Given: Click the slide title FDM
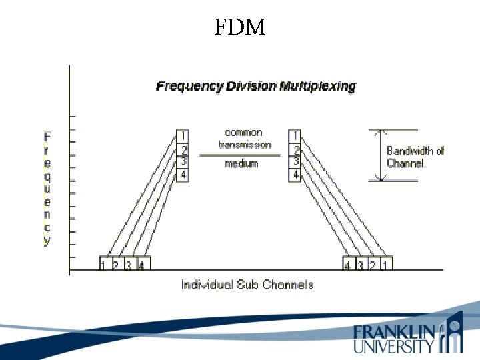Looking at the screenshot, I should pyautogui.click(x=240, y=27).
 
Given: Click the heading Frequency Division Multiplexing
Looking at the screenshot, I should pyautogui.click(x=256, y=86).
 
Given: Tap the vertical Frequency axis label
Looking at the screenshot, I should pyautogui.click(x=47, y=189).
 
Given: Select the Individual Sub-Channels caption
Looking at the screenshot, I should pyautogui.click(x=247, y=285).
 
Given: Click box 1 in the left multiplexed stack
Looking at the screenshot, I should pyautogui.click(x=183, y=136).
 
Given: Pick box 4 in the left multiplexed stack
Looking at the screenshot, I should pyautogui.click(x=183, y=175).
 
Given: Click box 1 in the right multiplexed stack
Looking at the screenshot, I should pyautogui.click(x=295, y=136).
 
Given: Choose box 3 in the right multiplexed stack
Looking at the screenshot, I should pyautogui.click(x=295, y=162).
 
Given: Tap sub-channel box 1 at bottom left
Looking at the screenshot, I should pyautogui.click(x=104, y=264).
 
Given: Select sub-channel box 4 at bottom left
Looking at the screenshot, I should pyautogui.click(x=142, y=264).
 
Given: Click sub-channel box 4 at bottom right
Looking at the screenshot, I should pyautogui.click(x=348, y=264).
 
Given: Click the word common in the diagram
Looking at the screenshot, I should pyautogui.click(x=243, y=133).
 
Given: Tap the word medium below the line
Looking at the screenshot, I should pyautogui.click(x=241, y=164).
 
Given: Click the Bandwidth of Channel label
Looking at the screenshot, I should pyautogui.click(x=415, y=157).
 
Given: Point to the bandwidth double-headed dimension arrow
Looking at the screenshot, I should pyautogui.click(x=379, y=155).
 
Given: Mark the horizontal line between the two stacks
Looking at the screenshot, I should pyautogui.click(x=239, y=155).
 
